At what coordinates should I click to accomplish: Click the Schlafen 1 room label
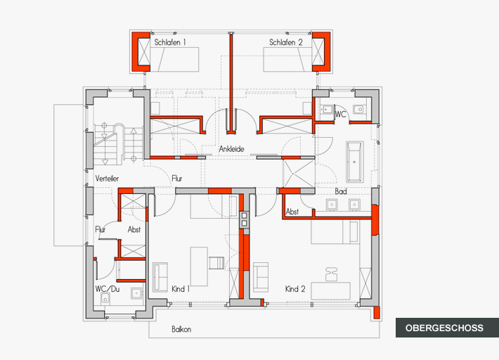coord(170,42)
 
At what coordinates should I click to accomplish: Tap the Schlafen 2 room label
coord(286,42)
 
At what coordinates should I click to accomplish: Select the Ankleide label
coord(232,149)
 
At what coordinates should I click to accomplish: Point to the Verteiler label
coord(107,179)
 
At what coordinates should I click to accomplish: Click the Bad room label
coord(341,192)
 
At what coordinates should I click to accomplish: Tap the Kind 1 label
coord(181,289)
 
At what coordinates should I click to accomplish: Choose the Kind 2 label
coord(295,289)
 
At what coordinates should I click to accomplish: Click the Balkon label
coord(181,329)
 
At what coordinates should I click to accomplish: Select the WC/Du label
coord(108,289)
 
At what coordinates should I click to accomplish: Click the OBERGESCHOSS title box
coord(447,328)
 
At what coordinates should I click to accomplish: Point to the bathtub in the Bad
coord(355,162)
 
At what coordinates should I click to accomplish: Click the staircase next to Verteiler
coord(118,144)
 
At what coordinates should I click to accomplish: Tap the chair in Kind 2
coord(331,274)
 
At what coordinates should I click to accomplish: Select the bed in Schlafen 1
coord(175,60)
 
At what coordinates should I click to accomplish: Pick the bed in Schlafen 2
coord(287,60)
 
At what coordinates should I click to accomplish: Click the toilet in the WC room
coord(359,109)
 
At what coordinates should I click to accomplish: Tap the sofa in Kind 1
coord(160,277)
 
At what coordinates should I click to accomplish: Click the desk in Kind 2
coord(330,290)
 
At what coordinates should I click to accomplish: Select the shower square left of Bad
coord(299,174)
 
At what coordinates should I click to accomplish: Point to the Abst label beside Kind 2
coord(292,212)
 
